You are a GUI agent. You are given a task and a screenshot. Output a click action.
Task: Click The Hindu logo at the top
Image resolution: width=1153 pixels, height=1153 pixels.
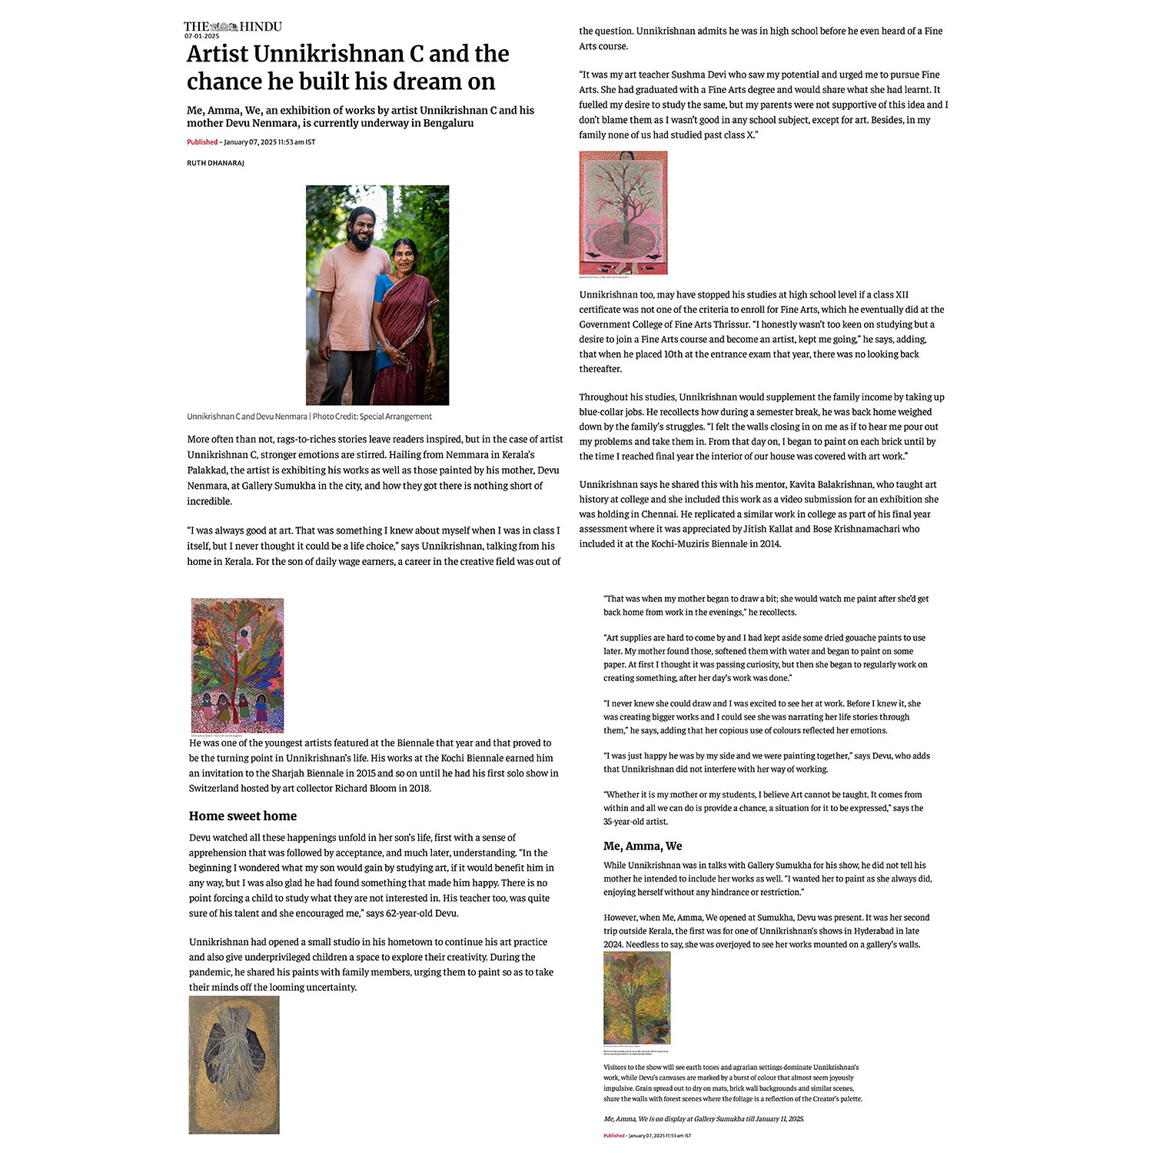233,26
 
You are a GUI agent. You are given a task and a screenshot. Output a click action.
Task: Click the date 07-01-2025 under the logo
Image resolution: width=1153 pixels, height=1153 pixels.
201,36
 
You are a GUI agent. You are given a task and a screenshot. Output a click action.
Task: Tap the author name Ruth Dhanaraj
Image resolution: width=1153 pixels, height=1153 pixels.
215,163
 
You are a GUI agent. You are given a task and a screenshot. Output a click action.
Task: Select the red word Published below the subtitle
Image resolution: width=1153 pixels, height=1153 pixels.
202,142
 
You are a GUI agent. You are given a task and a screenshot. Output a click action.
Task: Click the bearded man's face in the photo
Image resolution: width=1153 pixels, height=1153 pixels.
360,228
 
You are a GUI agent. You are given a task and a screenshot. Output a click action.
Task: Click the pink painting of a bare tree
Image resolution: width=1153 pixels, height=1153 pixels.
623,212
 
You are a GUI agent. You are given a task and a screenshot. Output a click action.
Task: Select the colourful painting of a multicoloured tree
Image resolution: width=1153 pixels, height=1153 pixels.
238,665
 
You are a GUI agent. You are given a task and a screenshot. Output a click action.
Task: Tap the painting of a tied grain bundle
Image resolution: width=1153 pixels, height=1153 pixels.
234,1065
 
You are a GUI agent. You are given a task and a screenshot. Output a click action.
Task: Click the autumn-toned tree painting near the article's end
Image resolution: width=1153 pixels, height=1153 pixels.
636,998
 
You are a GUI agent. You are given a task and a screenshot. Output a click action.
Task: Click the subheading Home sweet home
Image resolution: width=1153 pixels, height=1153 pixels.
243,816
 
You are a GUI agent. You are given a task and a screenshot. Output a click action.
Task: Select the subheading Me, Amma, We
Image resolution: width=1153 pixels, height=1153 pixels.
643,846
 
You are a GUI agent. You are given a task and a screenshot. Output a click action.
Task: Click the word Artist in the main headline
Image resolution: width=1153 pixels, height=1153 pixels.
218,54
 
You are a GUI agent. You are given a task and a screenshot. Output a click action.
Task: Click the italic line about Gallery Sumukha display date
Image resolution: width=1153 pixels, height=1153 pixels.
703,1118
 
